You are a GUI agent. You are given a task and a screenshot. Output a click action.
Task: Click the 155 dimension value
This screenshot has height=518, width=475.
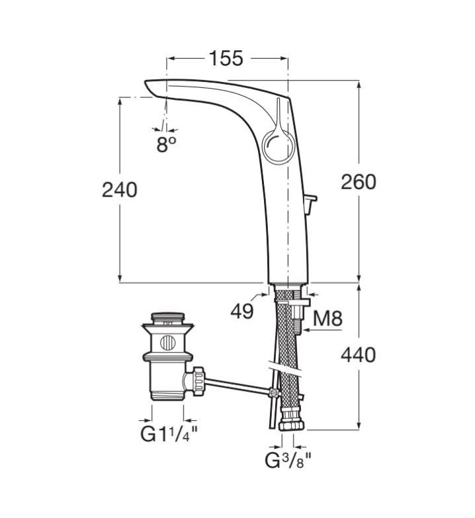point(227,58)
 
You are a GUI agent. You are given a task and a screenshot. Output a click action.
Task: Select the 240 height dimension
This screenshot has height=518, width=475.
point(120,190)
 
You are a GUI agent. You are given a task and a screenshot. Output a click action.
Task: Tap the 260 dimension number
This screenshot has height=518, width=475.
point(358,181)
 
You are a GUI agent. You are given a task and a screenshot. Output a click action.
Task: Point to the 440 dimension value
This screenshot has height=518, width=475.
point(358,355)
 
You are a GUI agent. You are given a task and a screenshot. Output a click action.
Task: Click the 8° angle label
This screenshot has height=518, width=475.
point(167,144)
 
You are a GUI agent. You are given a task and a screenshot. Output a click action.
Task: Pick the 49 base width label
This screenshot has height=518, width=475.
point(243,311)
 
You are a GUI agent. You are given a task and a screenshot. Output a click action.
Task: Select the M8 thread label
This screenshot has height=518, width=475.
point(327,320)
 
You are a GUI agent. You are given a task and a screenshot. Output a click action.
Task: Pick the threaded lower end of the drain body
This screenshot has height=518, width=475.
point(165,390)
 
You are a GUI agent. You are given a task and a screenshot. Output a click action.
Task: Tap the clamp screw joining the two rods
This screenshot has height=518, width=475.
point(273,393)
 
